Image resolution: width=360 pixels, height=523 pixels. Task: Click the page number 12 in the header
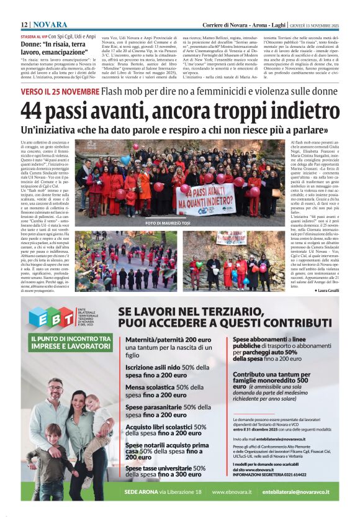pos(24,24)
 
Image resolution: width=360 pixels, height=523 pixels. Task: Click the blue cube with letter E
pos(39,316)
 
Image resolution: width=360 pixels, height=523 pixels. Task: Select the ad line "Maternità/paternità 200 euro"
pos(168,340)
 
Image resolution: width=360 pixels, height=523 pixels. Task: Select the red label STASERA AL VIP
pos(34,37)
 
